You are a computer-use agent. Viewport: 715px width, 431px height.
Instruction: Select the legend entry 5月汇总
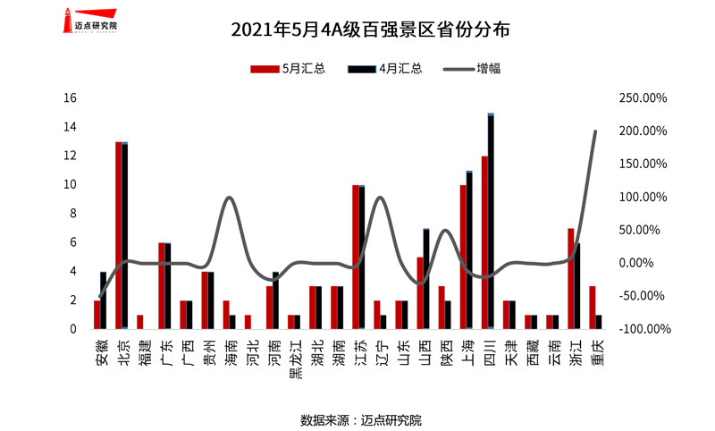[290, 68]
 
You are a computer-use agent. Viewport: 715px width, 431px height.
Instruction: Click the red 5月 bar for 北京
[119, 235]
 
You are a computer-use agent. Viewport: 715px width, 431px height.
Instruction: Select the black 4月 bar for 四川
[491, 222]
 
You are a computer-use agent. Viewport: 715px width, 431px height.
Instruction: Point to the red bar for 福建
[140, 322]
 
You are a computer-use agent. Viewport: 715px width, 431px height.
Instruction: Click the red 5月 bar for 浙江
[571, 279]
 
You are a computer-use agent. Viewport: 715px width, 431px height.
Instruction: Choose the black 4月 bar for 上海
[469, 250]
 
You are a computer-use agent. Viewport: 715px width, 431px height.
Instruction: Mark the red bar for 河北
[248, 322]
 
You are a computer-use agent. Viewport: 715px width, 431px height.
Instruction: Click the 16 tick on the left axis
[72, 97]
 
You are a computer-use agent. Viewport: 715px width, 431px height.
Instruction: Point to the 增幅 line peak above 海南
[230, 198]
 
